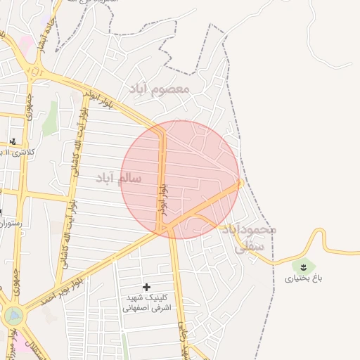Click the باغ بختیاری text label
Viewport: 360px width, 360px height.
303,278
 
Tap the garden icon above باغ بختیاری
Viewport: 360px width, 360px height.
304,266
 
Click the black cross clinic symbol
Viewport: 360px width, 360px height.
146,287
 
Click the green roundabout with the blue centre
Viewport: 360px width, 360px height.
12,316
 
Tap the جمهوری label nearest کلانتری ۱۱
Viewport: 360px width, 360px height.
30,105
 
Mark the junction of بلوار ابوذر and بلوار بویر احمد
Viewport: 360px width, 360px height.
163,229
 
